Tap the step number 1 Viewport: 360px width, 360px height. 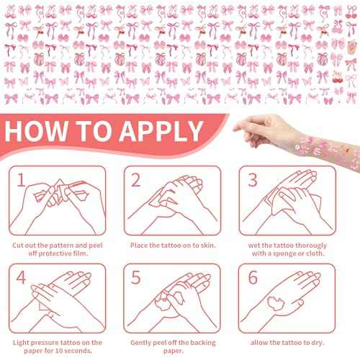coord(22,179)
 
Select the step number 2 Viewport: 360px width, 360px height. coord(137,179)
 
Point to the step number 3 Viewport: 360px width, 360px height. coord(252,179)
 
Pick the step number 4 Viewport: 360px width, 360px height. coord(22,277)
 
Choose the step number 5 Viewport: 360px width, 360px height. coord(137,277)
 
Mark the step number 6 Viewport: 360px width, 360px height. coord(252,277)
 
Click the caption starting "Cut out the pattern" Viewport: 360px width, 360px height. coord(59,248)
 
